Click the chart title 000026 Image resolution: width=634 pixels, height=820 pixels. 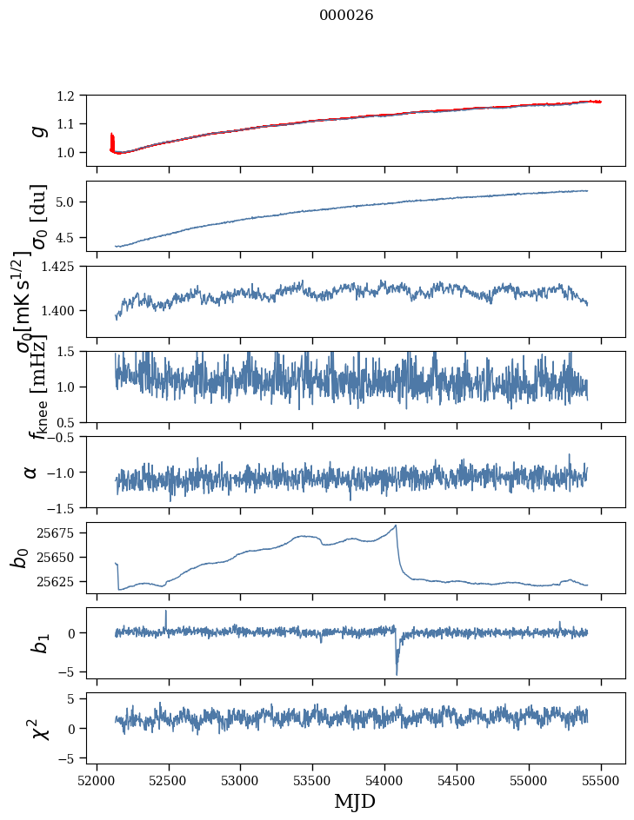tap(346, 16)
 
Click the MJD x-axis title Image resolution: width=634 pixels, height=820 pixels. tap(355, 801)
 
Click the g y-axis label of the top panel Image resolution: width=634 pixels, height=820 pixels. tap(37, 130)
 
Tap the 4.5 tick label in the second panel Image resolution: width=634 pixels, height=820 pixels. tap(75, 237)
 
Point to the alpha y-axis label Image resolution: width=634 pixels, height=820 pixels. tap(31, 472)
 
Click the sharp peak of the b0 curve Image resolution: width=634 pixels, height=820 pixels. tap(397, 526)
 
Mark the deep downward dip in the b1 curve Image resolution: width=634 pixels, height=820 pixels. tap(397, 674)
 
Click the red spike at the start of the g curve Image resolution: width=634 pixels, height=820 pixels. tap(112, 139)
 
